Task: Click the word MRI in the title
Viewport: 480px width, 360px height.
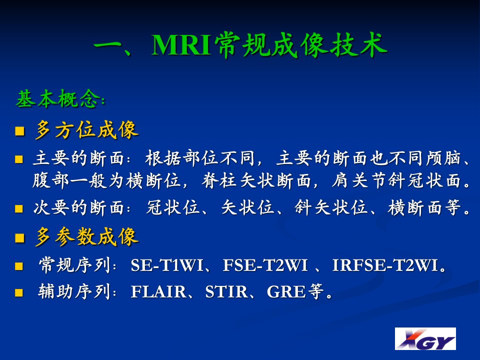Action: click(x=181, y=45)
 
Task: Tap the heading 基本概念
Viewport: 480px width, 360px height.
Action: click(x=58, y=98)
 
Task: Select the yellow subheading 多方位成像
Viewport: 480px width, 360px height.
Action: click(x=86, y=130)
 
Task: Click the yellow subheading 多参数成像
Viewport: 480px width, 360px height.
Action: click(x=86, y=236)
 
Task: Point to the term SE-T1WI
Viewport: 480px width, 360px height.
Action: click(x=167, y=265)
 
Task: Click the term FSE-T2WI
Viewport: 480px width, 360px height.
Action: click(x=265, y=265)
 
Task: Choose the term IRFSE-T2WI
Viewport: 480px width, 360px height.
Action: click(x=385, y=265)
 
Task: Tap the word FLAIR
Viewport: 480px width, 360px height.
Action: click(x=158, y=291)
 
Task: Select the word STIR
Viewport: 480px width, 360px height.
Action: click(x=226, y=291)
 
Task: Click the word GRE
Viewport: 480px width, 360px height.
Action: click(x=286, y=291)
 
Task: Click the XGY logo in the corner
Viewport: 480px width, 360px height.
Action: click(x=425, y=338)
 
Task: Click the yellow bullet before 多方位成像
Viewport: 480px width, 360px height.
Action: click(x=20, y=131)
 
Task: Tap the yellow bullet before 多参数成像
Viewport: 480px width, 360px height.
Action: click(x=20, y=238)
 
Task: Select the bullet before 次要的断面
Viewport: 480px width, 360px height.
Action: click(x=19, y=209)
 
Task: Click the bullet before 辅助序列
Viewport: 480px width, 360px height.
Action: click(x=19, y=292)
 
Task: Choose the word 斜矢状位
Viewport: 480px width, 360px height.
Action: click(x=330, y=207)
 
